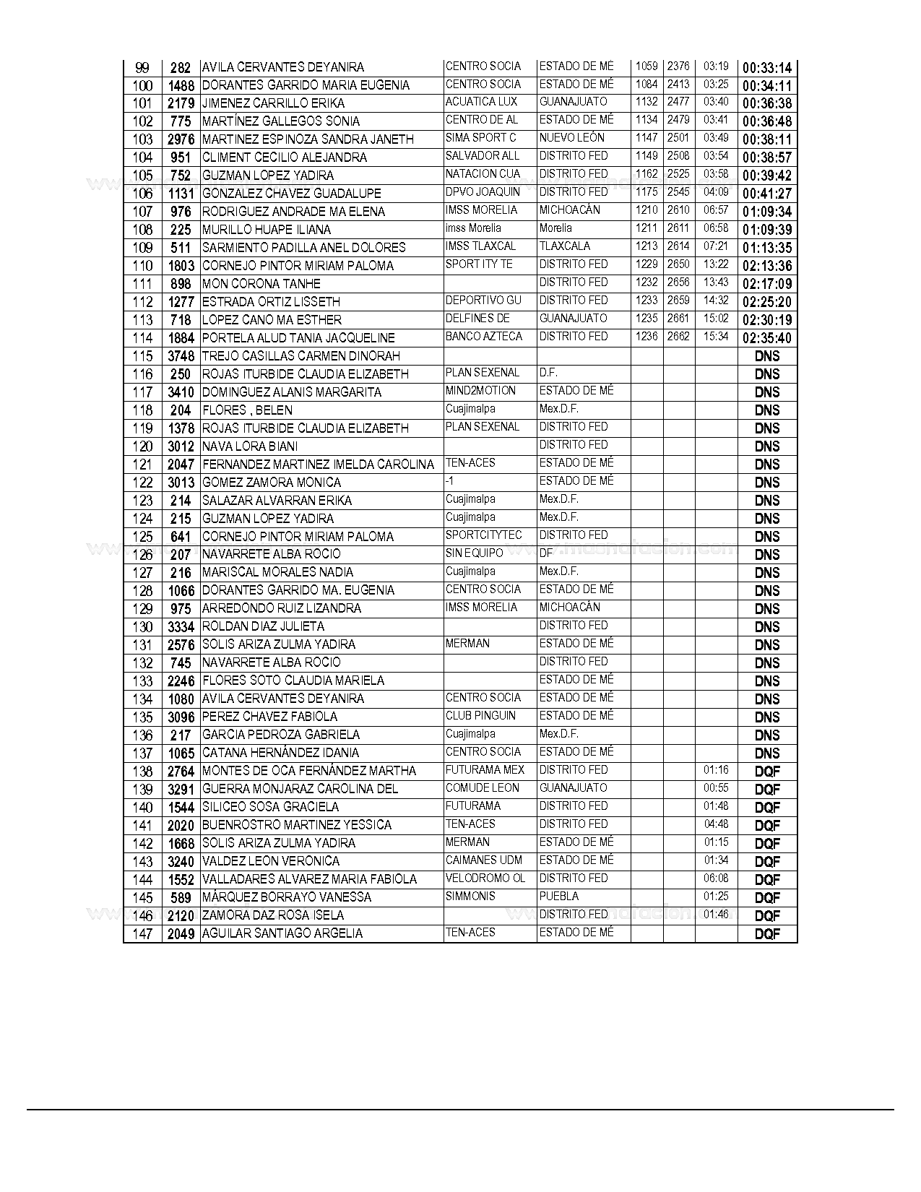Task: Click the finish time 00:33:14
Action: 767,68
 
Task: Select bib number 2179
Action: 181,103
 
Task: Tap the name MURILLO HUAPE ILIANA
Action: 267,230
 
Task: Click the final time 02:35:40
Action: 767,338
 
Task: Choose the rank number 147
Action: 142,934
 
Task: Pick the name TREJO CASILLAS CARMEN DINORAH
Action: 301,356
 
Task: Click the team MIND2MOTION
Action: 480,391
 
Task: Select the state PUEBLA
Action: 559,897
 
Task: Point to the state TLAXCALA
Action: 565,246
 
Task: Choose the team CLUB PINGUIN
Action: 480,716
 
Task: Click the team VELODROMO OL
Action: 485,878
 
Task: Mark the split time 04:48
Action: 716,824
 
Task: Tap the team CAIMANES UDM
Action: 483,860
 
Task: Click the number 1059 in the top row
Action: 647,66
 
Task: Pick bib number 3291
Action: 181,790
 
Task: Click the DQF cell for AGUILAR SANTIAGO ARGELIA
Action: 767,934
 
